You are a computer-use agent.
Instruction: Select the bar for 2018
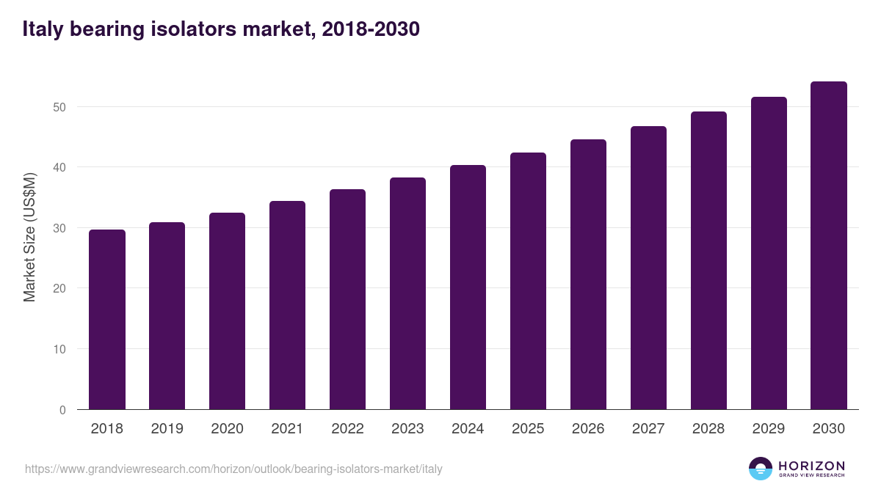(x=107, y=320)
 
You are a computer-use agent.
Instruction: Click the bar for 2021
(x=287, y=305)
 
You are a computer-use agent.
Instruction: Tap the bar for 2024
(x=468, y=287)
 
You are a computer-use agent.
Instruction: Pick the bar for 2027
(x=648, y=268)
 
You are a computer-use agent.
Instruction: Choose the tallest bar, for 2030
(x=829, y=246)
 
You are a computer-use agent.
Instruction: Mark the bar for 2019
(x=167, y=316)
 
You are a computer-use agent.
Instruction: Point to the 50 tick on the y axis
(x=59, y=107)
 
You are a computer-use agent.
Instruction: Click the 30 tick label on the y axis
(x=59, y=228)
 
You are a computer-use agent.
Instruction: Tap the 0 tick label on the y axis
(x=62, y=410)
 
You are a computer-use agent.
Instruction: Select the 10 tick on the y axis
(x=59, y=349)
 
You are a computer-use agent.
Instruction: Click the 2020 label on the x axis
(x=227, y=429)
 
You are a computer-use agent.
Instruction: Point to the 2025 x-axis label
(x=528, y=429)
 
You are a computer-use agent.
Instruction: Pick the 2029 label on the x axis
(x=769, y=429)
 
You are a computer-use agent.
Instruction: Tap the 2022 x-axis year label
(x=347, y=429)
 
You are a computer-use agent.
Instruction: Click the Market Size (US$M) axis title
(x=29, y=238)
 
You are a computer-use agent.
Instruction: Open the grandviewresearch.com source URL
(x=233, y=469)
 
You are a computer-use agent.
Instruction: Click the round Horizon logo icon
(x=761, y=469)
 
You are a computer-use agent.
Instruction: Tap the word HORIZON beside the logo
(x=811, y=465)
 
